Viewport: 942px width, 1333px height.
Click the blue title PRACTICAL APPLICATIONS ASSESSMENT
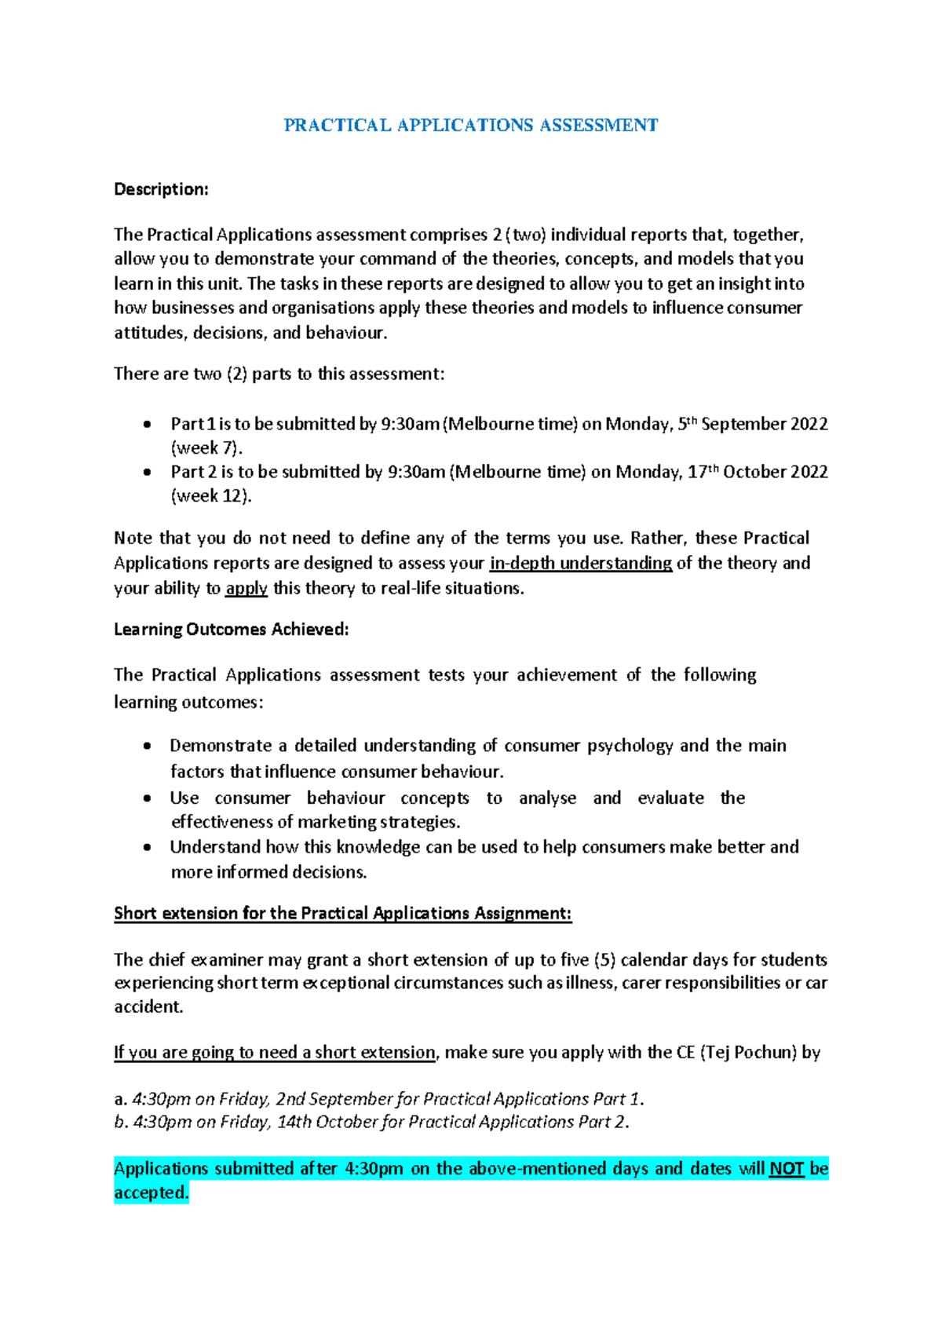click(470, 126)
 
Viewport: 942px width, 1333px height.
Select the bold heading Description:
click(161, 189)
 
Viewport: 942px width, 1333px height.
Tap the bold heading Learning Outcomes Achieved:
click(231, 629)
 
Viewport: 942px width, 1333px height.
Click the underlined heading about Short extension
click(342, 913)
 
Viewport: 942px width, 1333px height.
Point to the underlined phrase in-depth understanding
click(580, 563)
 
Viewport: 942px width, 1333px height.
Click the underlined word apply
click(246, 588)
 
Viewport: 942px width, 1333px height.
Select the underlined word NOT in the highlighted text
click(787, 1168)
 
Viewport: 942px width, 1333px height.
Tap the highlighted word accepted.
click(152, 1192)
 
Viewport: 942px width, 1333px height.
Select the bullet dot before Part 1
click(148, 425)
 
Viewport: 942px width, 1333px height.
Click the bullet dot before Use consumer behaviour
click(148, 798)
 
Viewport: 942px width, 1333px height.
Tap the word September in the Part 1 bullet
click(743, 424)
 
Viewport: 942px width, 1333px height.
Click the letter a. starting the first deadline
click(120, 1099)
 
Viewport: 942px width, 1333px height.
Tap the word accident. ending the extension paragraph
click(148, 1006)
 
